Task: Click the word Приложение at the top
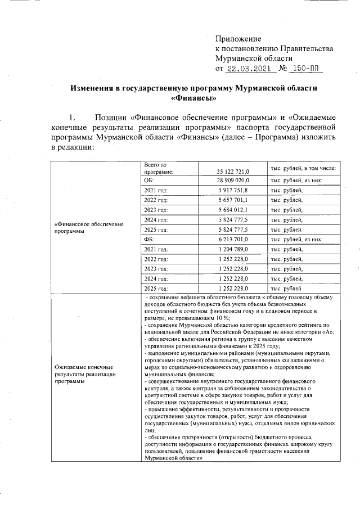point(238,39)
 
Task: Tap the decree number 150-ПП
point(304,69)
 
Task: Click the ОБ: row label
point(149,181)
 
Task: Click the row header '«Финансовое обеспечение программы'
point(89,228)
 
